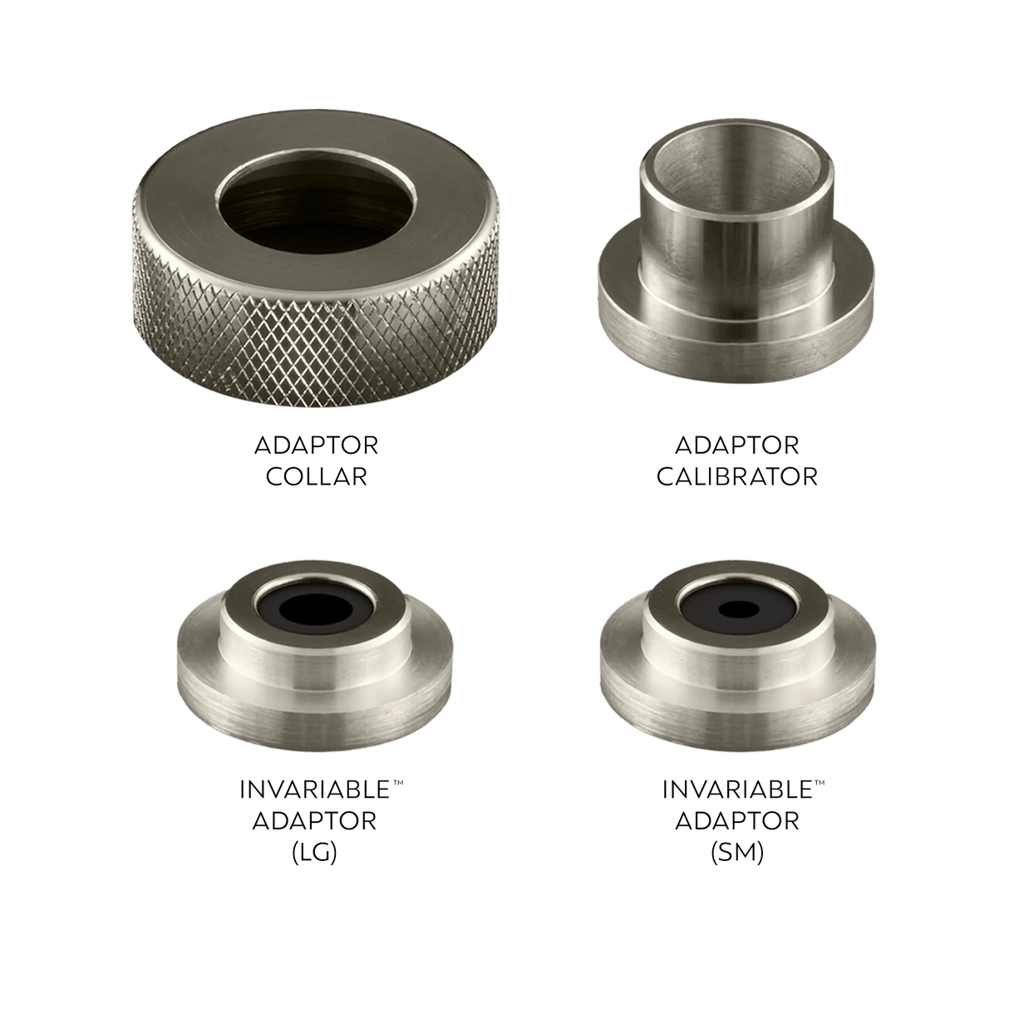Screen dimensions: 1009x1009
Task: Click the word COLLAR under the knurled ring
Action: pos(317,477)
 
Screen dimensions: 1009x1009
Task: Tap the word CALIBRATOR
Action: pos(736,477)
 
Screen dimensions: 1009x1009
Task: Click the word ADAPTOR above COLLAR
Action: pos(317,445)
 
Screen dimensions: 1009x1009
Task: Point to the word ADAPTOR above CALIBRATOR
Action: pos(736,445)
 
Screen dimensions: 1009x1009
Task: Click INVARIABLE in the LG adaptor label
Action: pos(315,790)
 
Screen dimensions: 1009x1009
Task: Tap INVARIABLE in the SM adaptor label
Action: pos(737,790)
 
